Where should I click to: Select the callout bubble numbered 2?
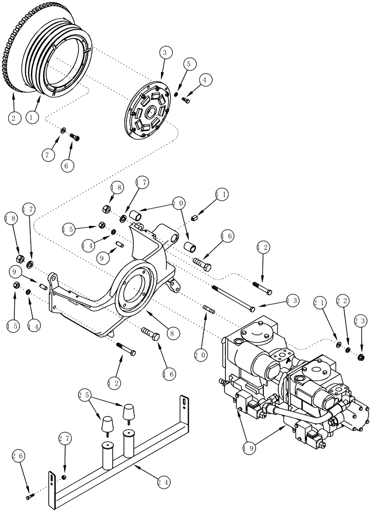14,118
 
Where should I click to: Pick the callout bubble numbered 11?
221,195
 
